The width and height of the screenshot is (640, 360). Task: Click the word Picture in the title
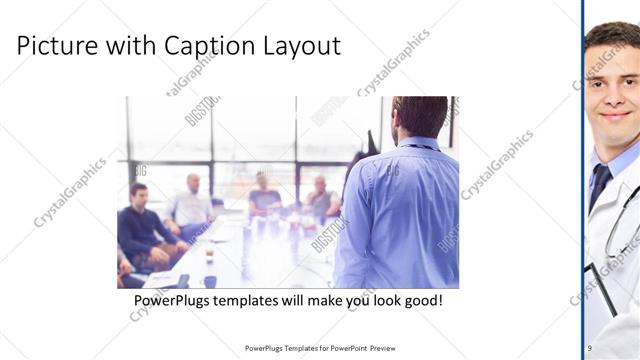[54, 46]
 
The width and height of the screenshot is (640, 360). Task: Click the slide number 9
[589, 347]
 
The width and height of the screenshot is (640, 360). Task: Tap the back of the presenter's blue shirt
[400, 215]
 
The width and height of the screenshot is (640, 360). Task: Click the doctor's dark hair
[612, 36]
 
